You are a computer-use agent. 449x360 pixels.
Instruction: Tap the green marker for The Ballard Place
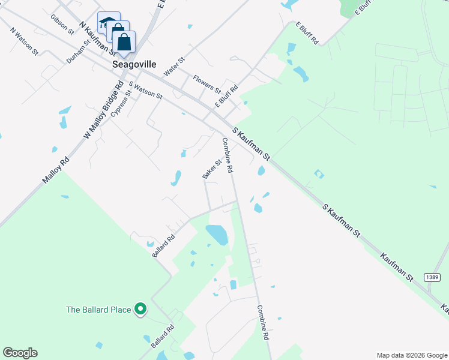click(x=140, y=309)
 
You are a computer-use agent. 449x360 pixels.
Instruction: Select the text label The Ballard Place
click(x=98, y=310)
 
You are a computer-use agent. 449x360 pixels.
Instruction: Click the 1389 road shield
click(x=432, y=277)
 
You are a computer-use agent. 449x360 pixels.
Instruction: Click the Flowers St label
click(x=206, y=83)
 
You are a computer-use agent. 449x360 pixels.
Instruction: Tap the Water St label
click(x=174, y=67)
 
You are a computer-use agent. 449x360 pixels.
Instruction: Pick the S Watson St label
click(x=145, y=91)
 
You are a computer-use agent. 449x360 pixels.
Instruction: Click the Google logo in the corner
click(x=20, y=353)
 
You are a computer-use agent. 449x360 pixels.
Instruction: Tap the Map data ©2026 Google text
click(x=411, y=355)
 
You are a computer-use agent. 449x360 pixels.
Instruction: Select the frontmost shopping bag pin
click(x=124, y=43)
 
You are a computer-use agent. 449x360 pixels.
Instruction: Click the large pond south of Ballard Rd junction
click(x=217, y=234)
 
